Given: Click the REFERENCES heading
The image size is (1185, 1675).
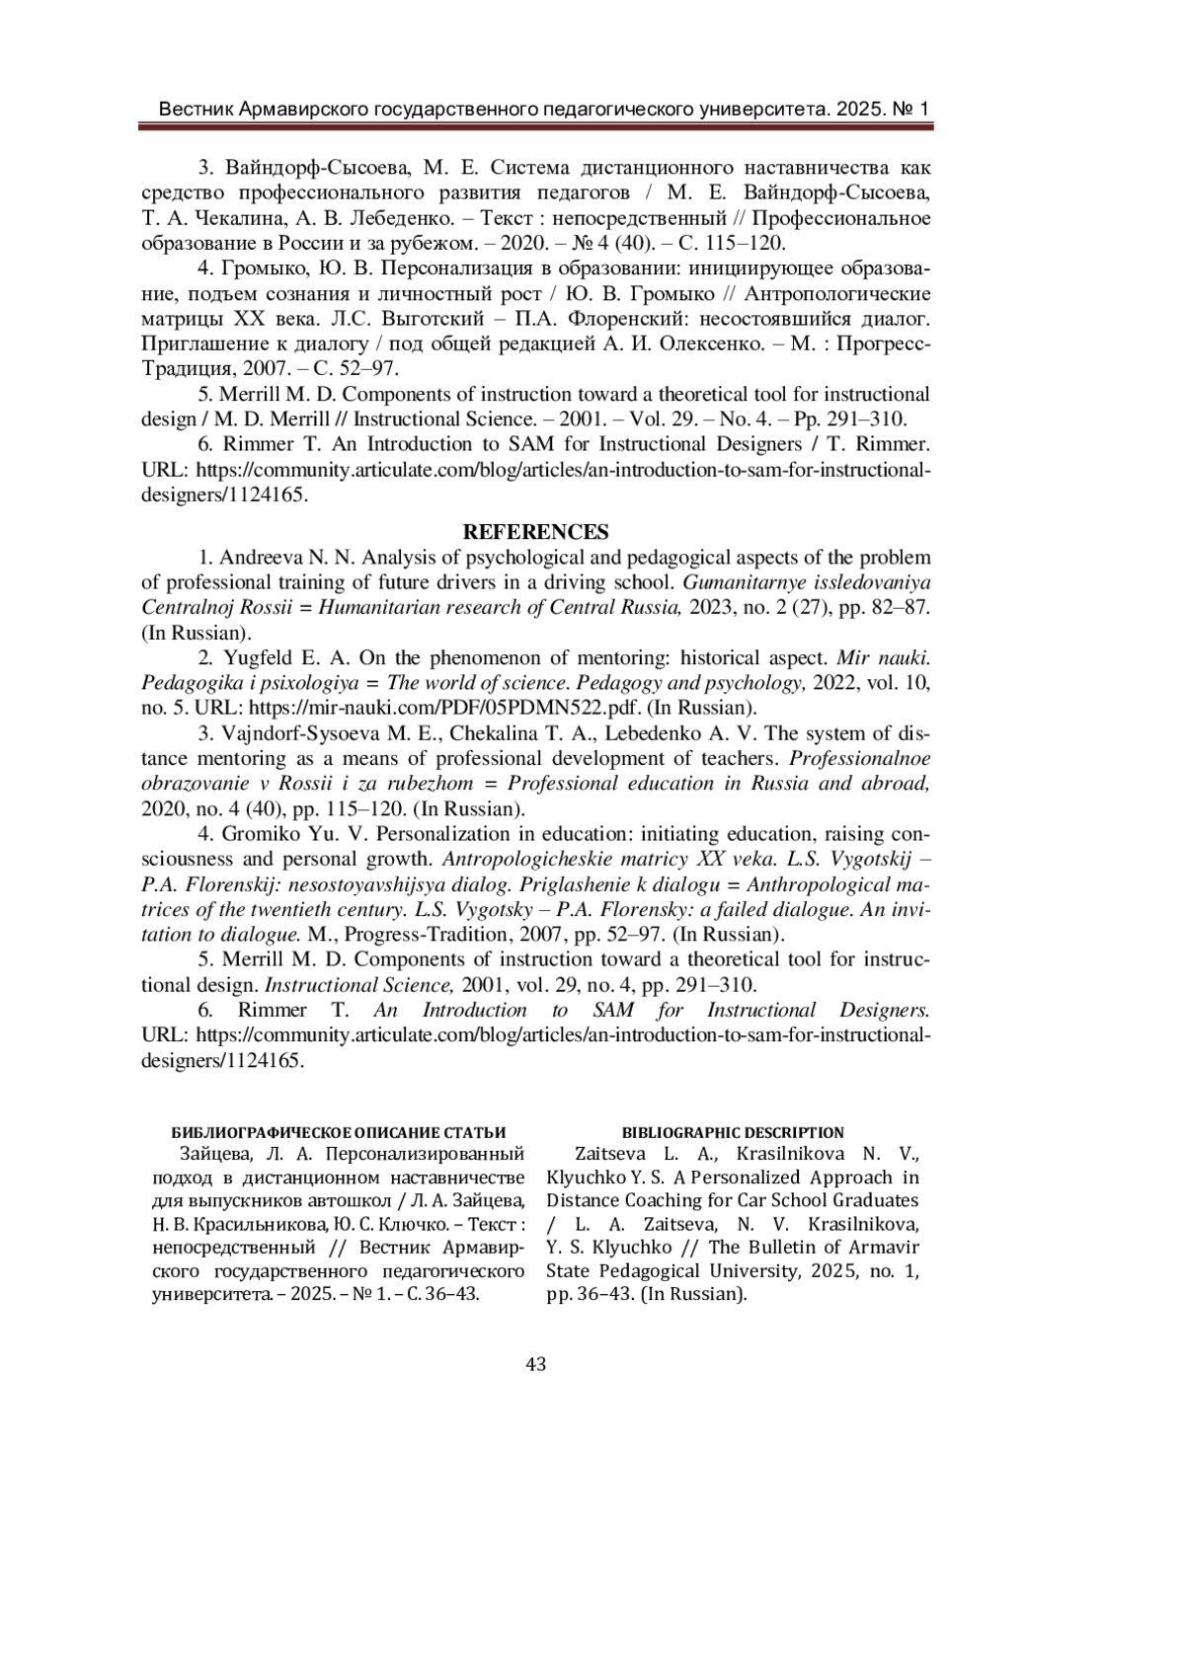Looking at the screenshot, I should pyautogui.click(x=536, y=532).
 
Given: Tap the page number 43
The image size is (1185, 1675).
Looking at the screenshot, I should pyautogui.click(x=536, y=1364).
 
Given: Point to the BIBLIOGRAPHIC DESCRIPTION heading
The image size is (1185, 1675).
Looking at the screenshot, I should pyautogui.click(x=733, y=1132).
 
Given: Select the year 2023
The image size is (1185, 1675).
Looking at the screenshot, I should pyautogui.click(x=712, y=607).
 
